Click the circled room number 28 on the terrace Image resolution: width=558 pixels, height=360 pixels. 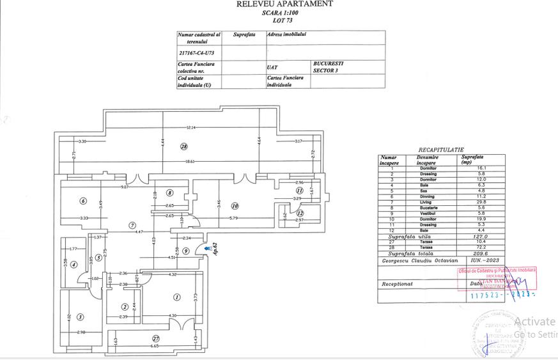click(x=184, y=146)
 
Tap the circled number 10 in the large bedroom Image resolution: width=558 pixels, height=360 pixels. click(x=235, y=206)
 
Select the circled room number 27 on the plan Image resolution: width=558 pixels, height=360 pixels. click(x=155, y=338)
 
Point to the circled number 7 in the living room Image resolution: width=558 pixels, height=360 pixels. click(x=132, y=224)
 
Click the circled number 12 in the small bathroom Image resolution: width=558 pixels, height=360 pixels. click(x=300, y=214)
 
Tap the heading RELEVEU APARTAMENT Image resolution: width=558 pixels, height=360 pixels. click(x=284, y=4)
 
